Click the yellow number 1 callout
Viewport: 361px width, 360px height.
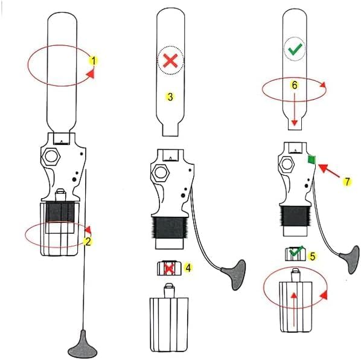[x=94, y=61]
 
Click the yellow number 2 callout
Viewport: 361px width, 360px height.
[x=88, y=242]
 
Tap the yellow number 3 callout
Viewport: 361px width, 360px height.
[x=170, y=97]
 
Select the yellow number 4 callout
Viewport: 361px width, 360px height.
[x=188, y=268]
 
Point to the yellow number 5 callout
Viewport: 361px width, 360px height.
[x=312, y=256]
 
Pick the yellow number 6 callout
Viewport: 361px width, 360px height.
[x=295, y=85]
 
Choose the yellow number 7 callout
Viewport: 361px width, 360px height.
[x=347, y=182]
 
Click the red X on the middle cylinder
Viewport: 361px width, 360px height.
[x=170, y=61]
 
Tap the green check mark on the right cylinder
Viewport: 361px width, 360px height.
[x=295, y=49]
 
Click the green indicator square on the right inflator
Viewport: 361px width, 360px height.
[x=311, y=159]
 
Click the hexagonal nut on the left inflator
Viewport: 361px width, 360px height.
[x=51, y=156]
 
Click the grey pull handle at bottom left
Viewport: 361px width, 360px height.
[x=83, y=345]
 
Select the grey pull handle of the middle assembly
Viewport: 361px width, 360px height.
[x=234, y=274]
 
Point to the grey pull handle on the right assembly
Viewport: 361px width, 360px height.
[x=350, y=259]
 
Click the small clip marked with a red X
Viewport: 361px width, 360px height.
[x=169, y=268]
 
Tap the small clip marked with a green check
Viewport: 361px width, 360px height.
[x=295, y=254]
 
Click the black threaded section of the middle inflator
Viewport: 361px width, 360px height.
[x=170, y=227]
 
